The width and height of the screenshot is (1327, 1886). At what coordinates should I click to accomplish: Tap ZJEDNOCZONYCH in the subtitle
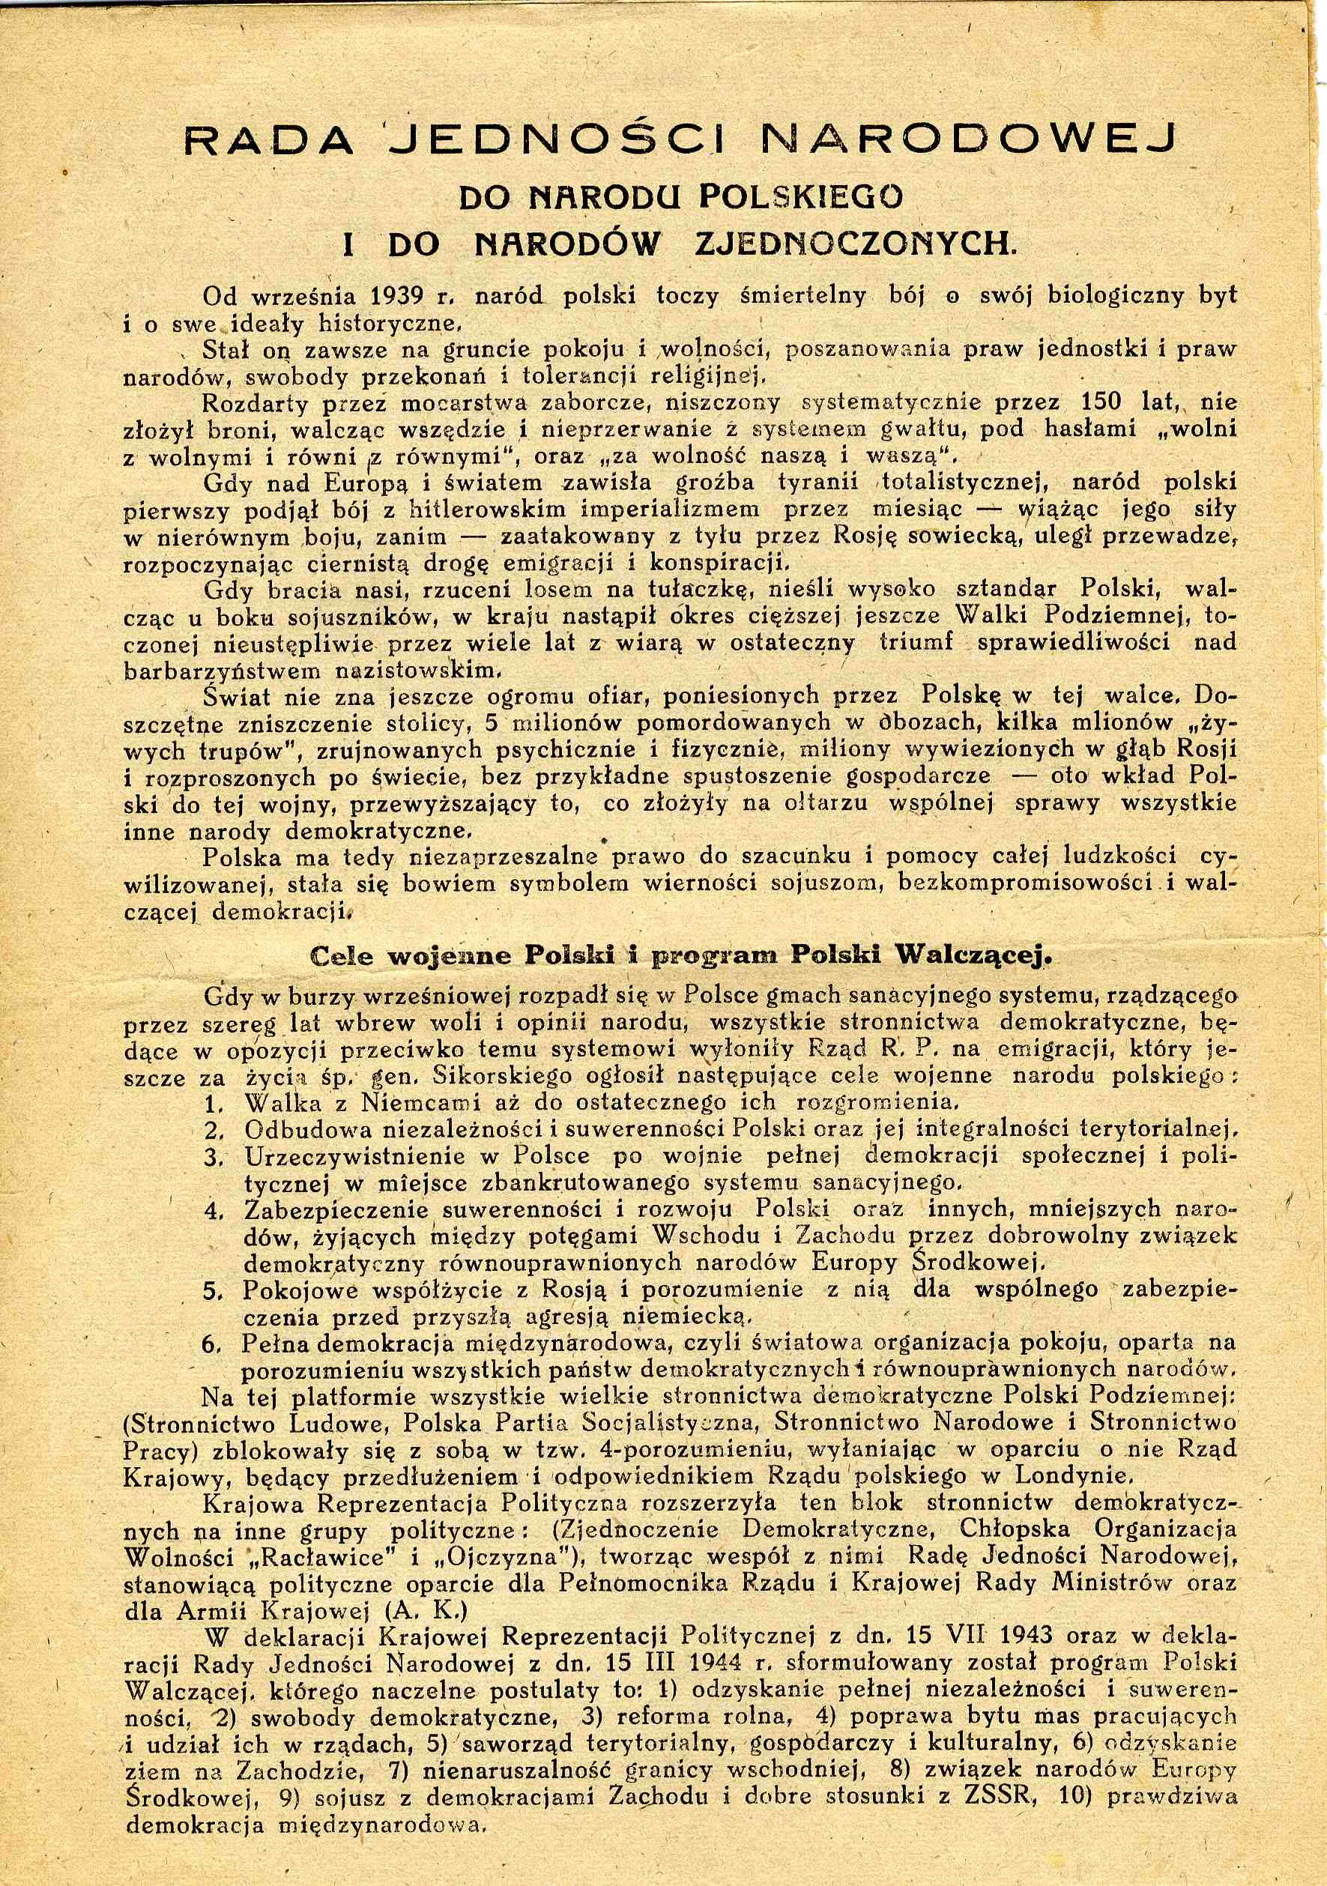click(x=855, y=244)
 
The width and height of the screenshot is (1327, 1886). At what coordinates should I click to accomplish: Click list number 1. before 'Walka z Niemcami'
click(x=215, y=1103)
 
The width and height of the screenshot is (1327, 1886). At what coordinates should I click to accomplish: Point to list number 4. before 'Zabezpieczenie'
click(x=214, y=1210)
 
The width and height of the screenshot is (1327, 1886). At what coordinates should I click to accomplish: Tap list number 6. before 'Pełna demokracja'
click(x=214, y=1344)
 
